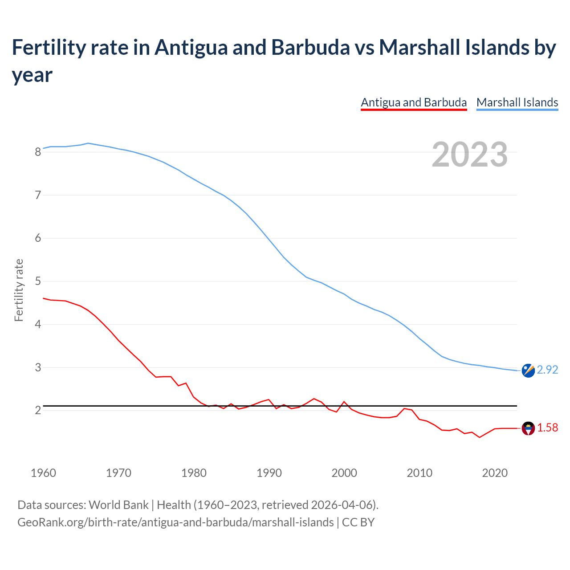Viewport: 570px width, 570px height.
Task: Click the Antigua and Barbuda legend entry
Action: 414,102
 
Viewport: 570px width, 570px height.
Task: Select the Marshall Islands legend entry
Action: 517,102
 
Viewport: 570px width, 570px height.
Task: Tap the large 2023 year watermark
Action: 470,155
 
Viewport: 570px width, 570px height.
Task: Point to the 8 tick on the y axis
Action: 38,152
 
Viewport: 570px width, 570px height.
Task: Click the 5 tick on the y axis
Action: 38,281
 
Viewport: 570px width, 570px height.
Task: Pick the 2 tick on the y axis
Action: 38,411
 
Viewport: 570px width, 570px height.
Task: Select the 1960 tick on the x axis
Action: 43,473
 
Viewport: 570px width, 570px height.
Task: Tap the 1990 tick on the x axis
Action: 269,473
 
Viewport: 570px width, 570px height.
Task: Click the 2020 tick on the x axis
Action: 495,473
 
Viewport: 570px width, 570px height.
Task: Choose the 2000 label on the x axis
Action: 344,473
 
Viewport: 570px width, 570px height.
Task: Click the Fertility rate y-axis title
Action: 19,290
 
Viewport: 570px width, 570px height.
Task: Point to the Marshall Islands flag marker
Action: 528,370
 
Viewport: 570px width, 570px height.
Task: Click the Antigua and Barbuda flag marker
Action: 528,428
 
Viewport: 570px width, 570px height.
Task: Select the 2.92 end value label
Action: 547,370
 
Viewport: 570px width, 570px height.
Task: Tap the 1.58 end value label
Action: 547,428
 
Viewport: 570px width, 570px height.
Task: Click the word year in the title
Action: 32,75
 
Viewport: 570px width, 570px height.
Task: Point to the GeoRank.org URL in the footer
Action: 175,522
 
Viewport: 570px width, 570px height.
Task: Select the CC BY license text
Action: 358,522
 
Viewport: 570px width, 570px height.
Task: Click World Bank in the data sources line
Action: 118,505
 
